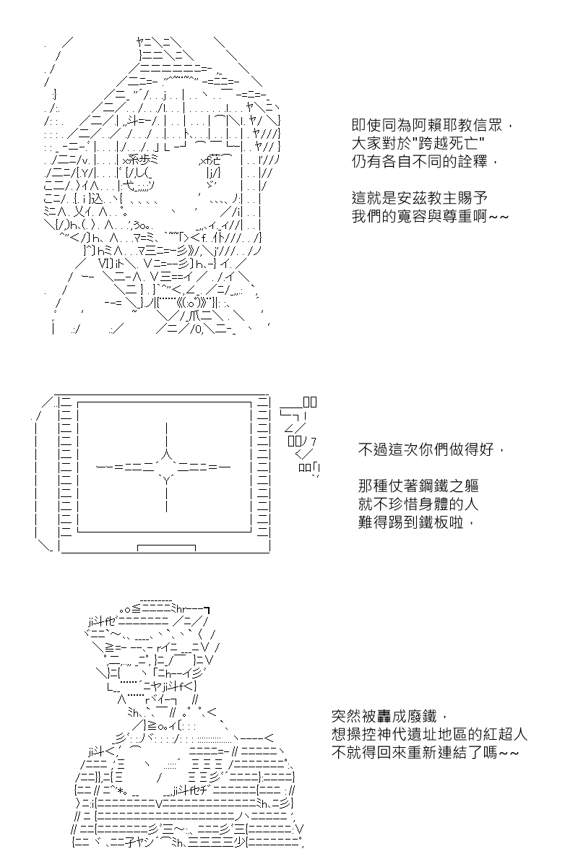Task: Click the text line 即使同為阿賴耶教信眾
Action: tap(433, 125)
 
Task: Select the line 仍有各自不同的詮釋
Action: tap(425, 161)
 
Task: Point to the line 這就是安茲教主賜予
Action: tap(419, 198)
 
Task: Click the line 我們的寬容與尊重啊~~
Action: tap(430, 216)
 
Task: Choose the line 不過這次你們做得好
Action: tap(431, 449)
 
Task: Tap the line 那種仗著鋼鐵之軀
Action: tap(418, 486)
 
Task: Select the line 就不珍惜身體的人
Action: tap(418, 504)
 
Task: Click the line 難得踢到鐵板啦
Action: tap(415, 522)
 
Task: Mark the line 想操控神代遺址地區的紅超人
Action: tap(429, 734)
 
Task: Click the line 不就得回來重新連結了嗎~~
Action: tap(425, 752)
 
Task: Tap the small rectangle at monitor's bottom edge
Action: tap(166, 548)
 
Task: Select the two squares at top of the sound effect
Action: tap(310, 402)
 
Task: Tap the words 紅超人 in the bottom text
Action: tap(505, 734)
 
